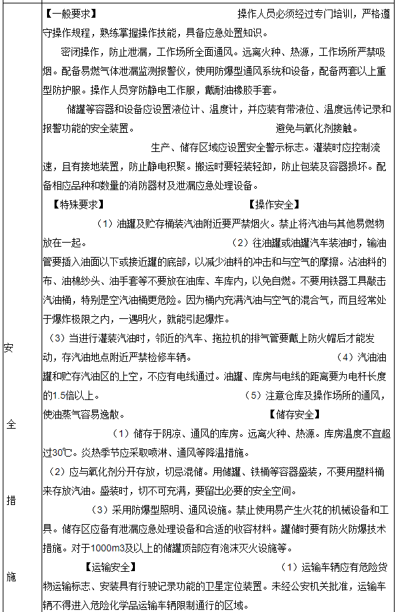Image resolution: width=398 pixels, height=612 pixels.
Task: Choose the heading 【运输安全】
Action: click(110, 566)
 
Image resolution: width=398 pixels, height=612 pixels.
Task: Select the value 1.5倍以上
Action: click(67, 395)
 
